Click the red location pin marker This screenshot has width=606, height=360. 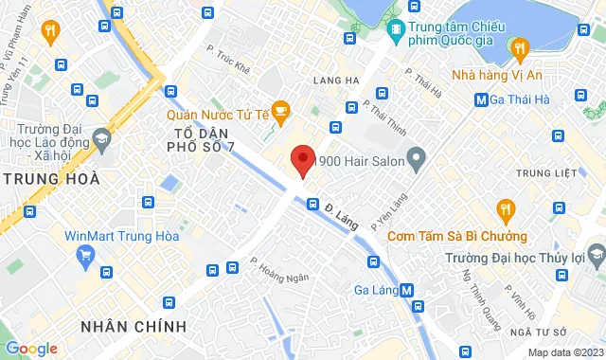point(302,161)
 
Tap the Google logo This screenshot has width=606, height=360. point(31,349)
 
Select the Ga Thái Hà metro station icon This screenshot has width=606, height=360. point(482,98)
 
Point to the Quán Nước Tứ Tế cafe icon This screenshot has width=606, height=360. point(279,111)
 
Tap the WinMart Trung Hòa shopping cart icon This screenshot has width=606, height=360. point(87,254)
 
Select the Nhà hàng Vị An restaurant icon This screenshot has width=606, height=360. point(518,47)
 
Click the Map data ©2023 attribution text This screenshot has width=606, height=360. point(563,352)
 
